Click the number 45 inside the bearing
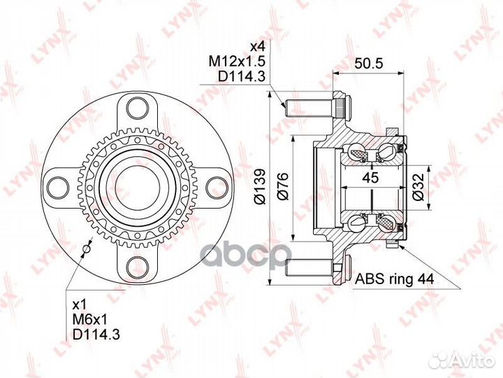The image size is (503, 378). pos(371,178)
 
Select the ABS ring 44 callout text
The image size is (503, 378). pos(395,279)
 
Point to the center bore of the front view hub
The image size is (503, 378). pos(137,188)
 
